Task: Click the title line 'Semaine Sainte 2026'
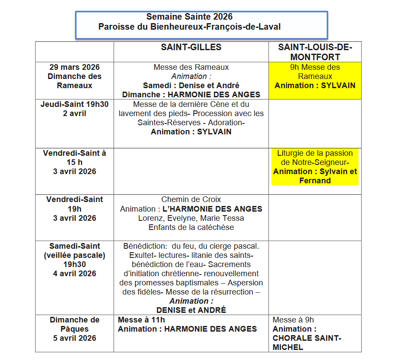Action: pos(189,17)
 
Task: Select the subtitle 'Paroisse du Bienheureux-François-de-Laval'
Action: pos(189,27)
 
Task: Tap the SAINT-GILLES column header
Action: pos(191,47)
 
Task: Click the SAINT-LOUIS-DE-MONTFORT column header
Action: pos(315,51)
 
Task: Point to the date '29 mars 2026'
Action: pos(74,67)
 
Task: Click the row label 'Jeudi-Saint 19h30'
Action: pos(74,104)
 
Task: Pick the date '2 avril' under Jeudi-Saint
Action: pos(74,113)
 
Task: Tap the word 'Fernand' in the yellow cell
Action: pos(315,181)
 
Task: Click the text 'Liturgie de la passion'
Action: pos(315,153)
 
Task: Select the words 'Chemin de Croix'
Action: pos(191,199)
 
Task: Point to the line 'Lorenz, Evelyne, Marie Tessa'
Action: pos(191,218)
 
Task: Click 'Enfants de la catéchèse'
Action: pos(191,227)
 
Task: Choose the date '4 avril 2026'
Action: pos(74,274)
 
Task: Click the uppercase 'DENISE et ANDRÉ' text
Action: pos(191,310)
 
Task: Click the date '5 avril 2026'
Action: pos(74,338)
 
